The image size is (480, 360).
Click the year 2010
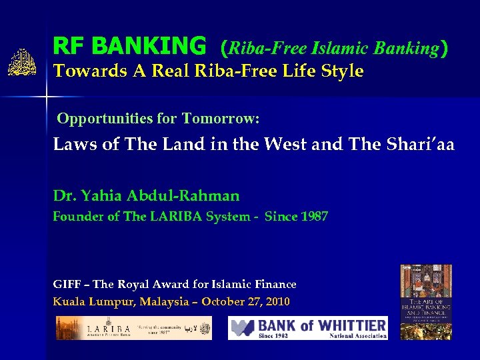click(x=277, y=301)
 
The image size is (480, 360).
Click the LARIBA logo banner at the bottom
click(x=133, y=328)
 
